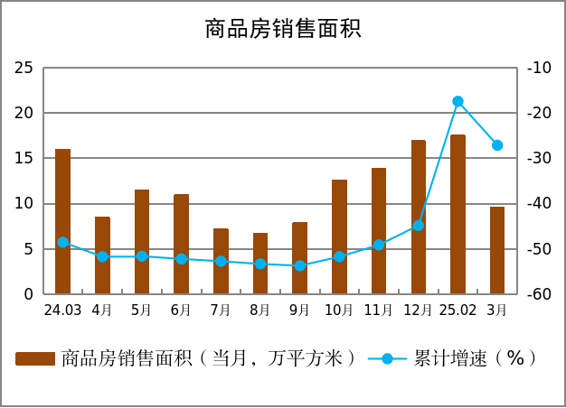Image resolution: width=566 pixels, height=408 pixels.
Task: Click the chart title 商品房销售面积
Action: [282, 29]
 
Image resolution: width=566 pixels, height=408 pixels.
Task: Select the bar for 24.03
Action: [62, 221]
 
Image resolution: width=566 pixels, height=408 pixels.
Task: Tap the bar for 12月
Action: [419, 217]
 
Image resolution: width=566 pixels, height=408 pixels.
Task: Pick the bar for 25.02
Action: [458, 214]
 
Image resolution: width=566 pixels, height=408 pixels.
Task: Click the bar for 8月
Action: [260, 264]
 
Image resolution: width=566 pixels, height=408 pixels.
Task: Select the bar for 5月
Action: [142, 242]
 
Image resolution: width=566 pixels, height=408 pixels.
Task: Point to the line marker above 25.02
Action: [458, 101]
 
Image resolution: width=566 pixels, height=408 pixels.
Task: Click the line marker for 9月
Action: [300, 265]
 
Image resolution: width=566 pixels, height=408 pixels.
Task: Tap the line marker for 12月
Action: [419, 226]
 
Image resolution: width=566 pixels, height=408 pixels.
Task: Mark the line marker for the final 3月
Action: [497, 145]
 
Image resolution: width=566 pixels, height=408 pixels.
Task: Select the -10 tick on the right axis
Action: [539, 68]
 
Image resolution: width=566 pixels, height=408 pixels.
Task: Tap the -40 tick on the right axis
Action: [539, 203]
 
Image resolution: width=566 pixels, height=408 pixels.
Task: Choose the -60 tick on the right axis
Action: [539, 294]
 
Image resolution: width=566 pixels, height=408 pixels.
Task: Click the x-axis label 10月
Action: [339, 310]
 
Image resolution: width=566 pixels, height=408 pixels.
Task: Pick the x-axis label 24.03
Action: [62, 310]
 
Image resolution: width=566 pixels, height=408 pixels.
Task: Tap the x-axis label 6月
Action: [181, 310]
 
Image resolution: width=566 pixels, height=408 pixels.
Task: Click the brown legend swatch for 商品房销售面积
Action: [35, 359]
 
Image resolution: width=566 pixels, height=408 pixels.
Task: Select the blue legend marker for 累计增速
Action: [387, 359]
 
